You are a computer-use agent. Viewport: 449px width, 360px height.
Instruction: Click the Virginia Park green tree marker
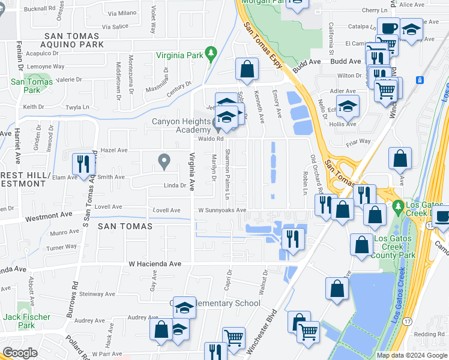211,53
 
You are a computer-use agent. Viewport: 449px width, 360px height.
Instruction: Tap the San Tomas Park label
25,86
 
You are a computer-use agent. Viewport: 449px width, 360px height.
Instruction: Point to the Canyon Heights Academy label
181,125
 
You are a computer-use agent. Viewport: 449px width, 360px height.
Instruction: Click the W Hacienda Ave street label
154,263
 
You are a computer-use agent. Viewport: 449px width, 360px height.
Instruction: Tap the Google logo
20,353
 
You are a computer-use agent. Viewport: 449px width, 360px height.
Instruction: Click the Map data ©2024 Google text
412,355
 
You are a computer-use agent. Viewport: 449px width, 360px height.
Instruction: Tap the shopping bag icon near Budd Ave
247,69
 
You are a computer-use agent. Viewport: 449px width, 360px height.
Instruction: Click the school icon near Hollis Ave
348,106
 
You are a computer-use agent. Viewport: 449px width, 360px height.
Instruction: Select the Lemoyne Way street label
46,67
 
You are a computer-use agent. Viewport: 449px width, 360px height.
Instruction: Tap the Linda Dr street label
175,186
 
